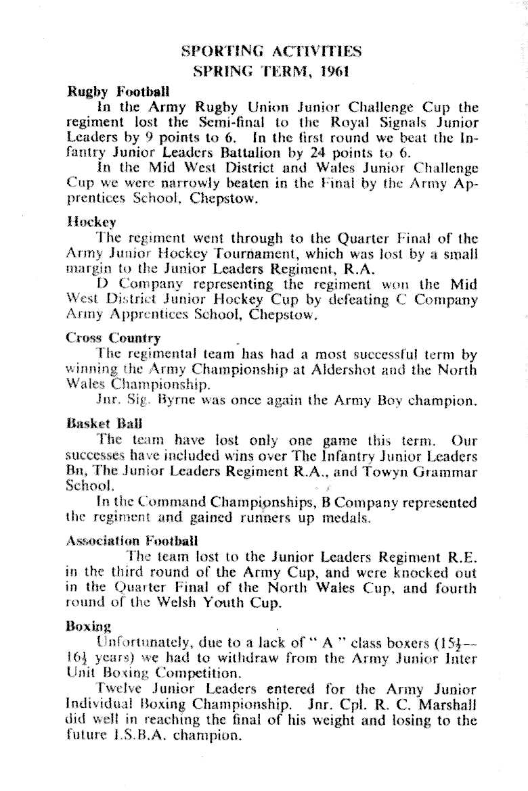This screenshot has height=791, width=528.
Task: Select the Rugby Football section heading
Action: [x=118, y=91]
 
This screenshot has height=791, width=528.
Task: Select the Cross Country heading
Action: [x=113, y=337]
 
